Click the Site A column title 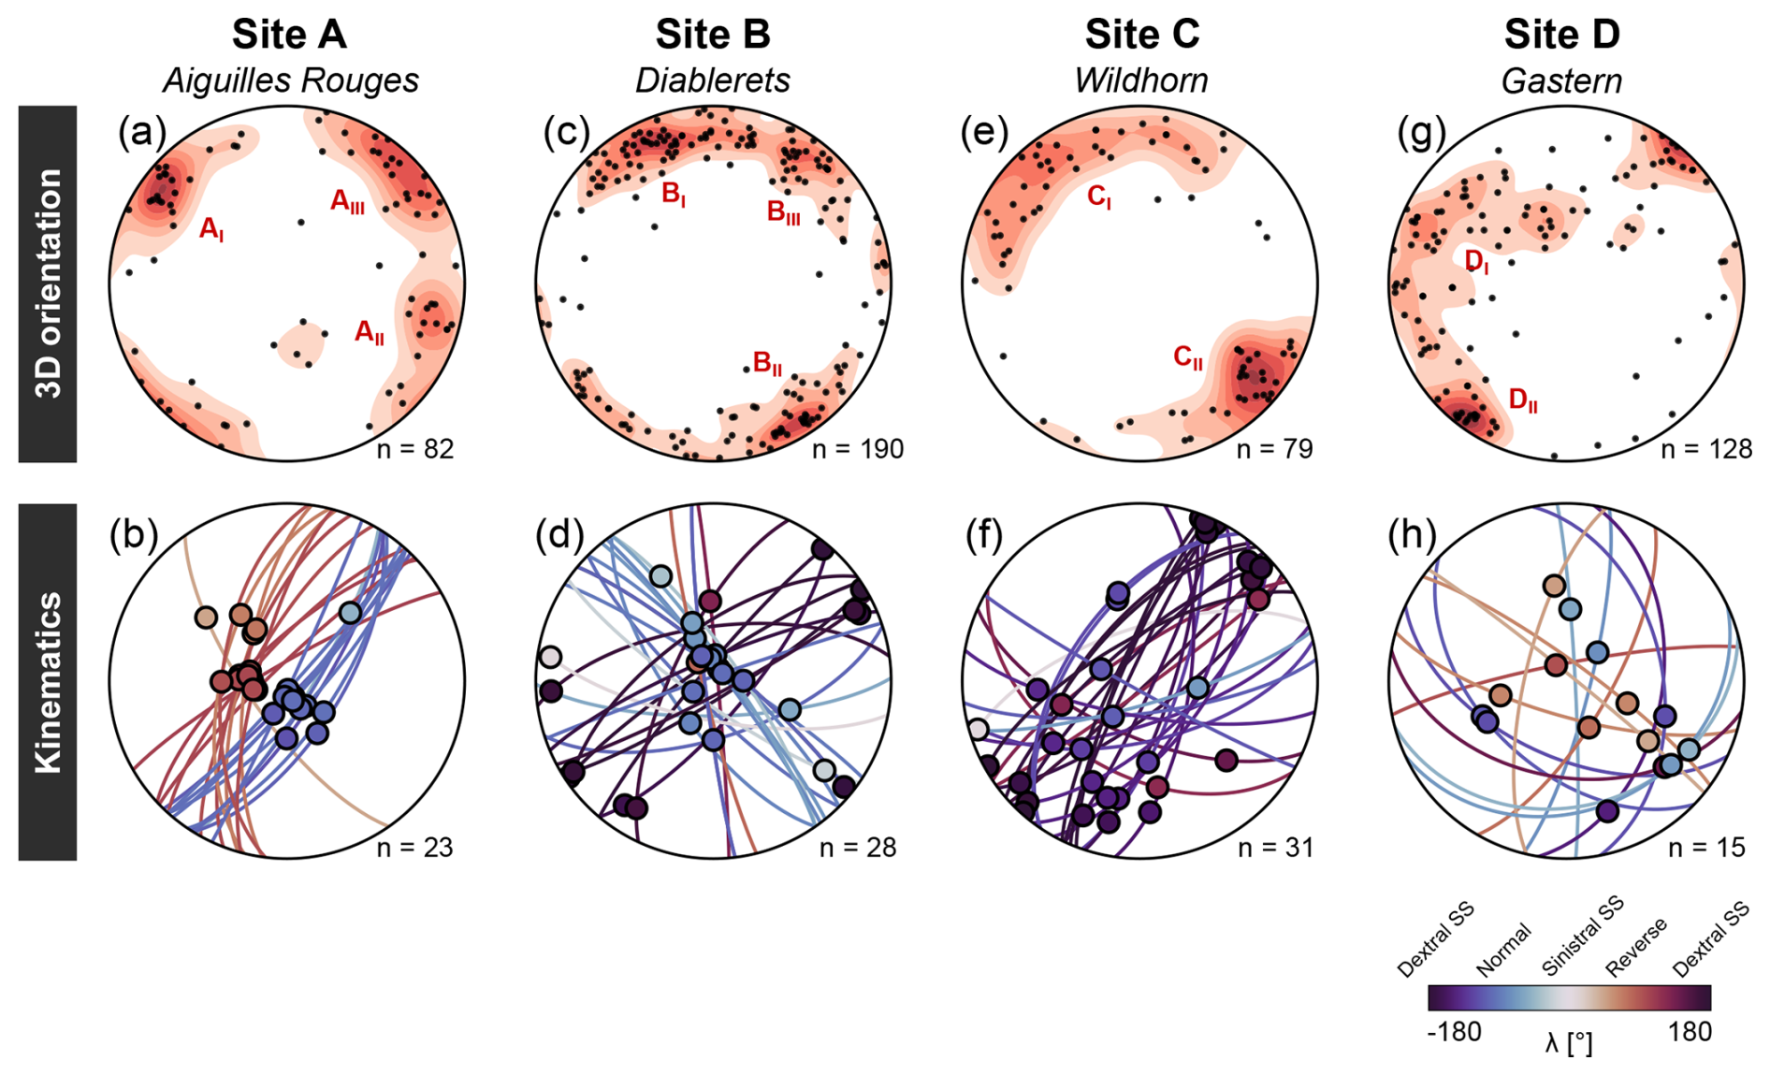(289, 35)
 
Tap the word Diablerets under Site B (712, 80)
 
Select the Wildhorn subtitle (1140, 80)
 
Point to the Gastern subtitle (1561, 80)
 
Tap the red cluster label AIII (347, 201)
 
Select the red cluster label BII (767, 363)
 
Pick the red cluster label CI (1099, 196)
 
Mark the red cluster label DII (1523, 400)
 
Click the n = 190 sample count (857, 449)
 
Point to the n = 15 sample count (1706, 848)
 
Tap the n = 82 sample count (414, 449)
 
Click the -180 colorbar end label (1454, 1032)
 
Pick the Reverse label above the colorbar (1636, 947)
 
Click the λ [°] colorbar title (1569, 1042)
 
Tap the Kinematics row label (48, 682)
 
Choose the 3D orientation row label (48, 283)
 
